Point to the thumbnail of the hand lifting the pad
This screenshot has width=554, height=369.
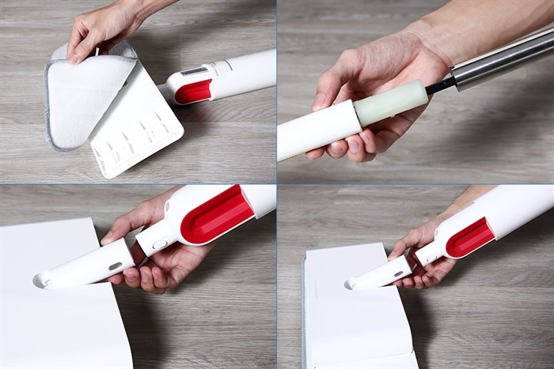tap(99, 32)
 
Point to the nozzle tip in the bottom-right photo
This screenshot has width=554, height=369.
tap(350, 283)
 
